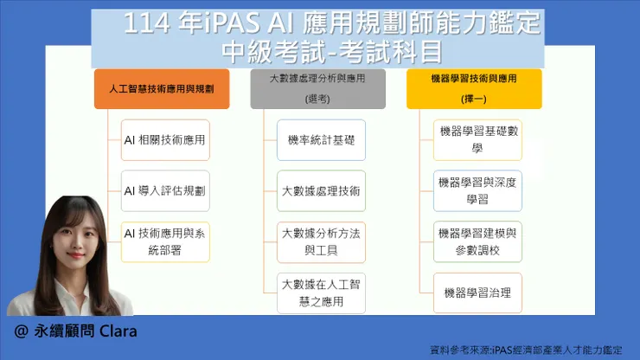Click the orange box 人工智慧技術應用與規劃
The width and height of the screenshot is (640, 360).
point(162,88)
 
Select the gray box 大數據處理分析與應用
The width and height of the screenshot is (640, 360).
point(318,88)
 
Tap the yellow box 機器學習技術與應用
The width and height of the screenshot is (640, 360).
point(474,88)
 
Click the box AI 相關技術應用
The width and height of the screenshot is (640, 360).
point(165,139)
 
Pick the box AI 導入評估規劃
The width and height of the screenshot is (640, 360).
point(165,190)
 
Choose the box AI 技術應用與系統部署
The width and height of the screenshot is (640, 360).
point(165,240)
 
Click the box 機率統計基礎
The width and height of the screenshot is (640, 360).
point(321,139)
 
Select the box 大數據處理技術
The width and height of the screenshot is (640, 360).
point(321,190)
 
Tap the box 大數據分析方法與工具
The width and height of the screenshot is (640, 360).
point(321,241)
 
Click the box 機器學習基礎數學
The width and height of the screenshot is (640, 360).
point(477,139)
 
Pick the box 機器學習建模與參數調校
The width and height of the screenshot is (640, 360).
point(477,241)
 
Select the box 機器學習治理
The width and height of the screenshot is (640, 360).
point(477,292)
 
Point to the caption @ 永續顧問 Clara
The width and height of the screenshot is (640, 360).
point(76,331)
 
